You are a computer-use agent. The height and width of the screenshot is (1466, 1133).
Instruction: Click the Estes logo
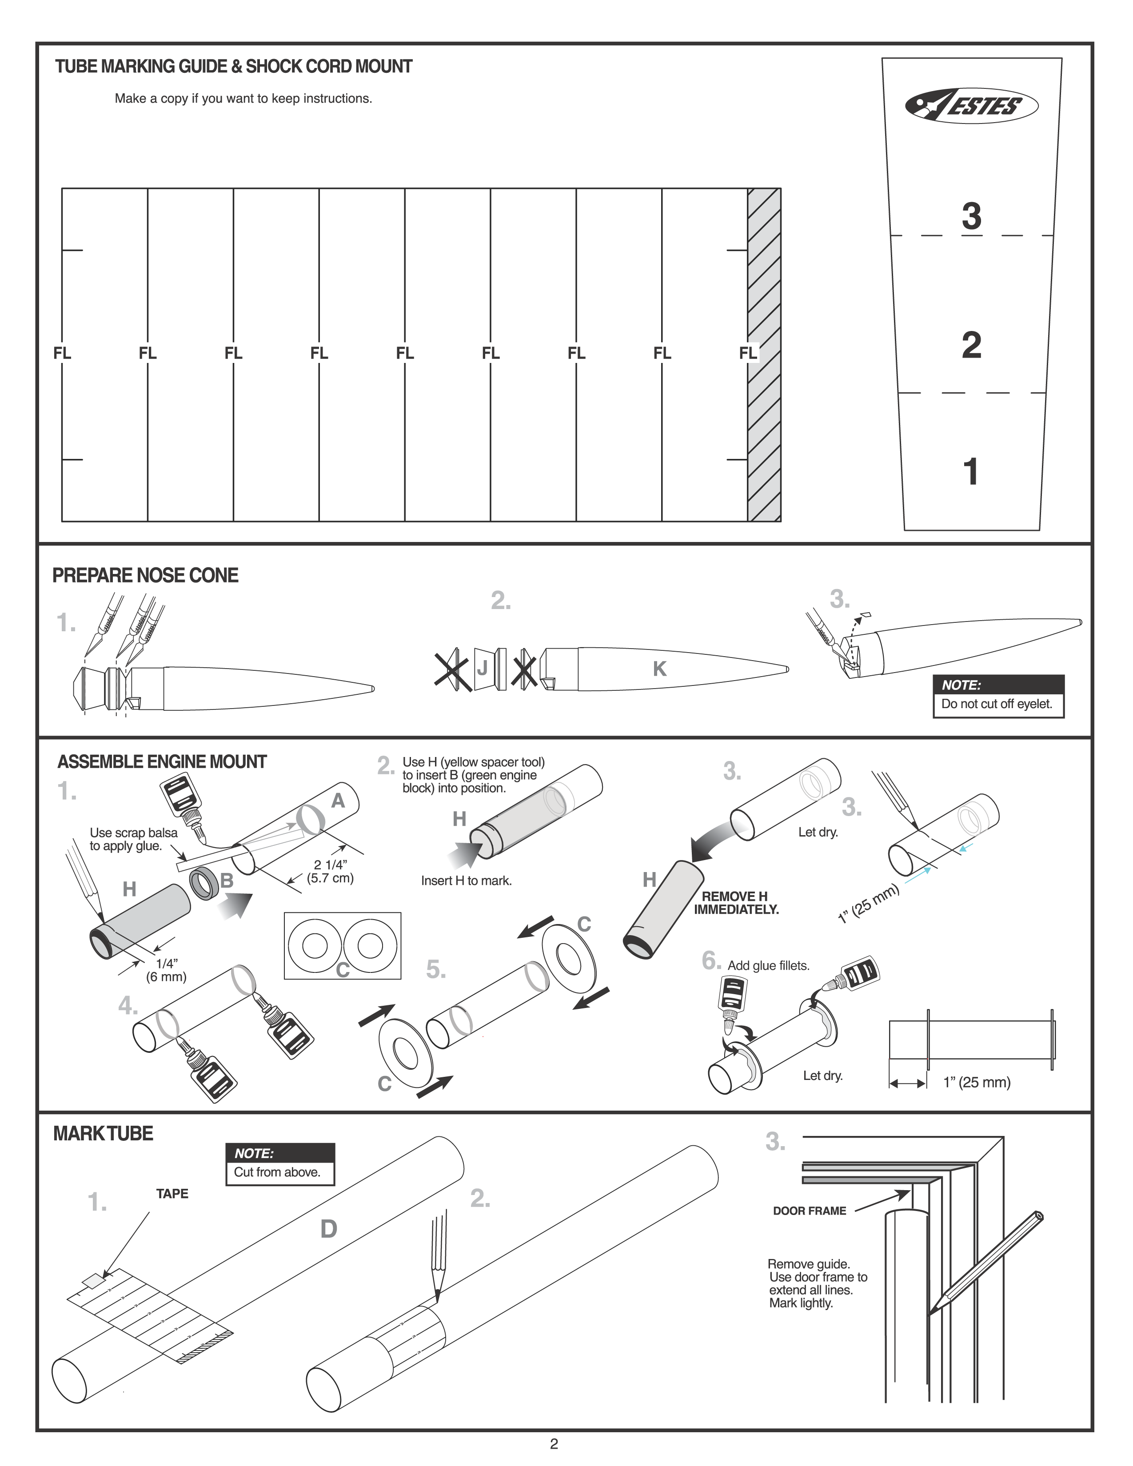[x=971, y=106]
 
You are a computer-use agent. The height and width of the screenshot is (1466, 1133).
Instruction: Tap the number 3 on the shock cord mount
[x=971, y=216]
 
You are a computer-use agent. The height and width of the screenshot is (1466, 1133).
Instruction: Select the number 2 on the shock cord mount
[x=971, y=346]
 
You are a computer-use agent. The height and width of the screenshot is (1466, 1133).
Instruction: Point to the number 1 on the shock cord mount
[x=970, y=472]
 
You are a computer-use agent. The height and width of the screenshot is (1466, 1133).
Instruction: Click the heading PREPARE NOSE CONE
[x=145, y=575]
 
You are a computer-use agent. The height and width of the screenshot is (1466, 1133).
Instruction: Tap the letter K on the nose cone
[x=659, y=669]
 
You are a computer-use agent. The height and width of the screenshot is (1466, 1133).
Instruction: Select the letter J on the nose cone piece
[x=482, y=669]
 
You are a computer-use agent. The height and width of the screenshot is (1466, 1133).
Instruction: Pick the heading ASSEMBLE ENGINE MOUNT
[x=162, y=762]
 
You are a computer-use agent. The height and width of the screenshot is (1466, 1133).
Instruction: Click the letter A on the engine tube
[x=338, y=801]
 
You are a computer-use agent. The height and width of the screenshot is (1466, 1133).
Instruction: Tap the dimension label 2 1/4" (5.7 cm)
[x=330, y=871]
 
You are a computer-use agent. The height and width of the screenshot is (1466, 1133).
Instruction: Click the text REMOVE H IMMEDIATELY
[x=736, y=903]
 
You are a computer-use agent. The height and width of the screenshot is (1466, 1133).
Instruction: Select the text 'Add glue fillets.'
[x=769, y=965]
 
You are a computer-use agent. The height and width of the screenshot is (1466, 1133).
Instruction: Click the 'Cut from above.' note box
[x=277, y=1172]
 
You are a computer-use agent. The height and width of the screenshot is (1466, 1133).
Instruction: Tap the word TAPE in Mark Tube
[x=172, y=1194]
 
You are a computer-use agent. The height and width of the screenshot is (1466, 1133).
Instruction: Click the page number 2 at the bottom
[x=554, y=1443]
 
